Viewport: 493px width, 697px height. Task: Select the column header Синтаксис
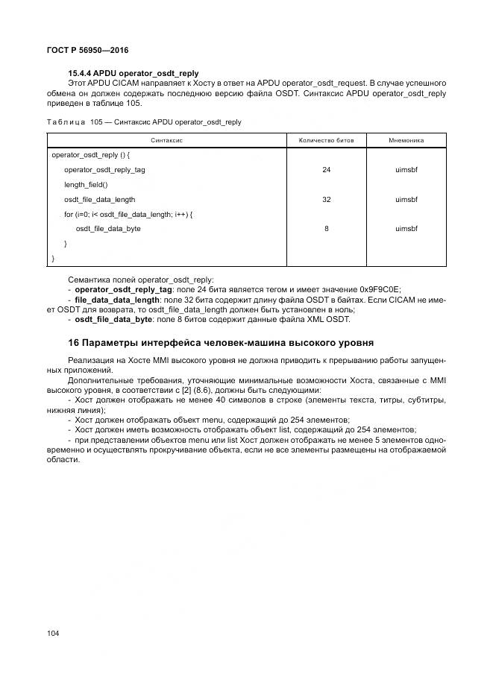click(x=167, y=140)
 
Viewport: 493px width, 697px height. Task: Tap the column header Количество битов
click(x=326, y=140)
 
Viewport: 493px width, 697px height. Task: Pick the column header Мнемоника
click(x=406, y=140)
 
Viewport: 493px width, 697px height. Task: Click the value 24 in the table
click(x=326, y=170)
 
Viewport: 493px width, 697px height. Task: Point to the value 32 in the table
click(x=326, y=200)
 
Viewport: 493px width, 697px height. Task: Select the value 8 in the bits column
click(x=326, y=229)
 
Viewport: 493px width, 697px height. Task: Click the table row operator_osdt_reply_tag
click(x=104, y=170)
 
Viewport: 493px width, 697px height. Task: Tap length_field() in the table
click(x=86, y=185)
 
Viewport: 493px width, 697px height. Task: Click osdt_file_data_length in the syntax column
click(x=99, y=200)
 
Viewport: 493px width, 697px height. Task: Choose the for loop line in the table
click(x=128, y=215)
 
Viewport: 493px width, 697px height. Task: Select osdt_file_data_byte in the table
click(x=108, y=229)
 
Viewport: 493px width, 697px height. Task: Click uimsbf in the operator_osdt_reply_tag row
click(x=406, y=170)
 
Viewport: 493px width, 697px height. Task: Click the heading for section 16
click(x=221, y=342)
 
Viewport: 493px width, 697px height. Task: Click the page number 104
click(x=53, y=633)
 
